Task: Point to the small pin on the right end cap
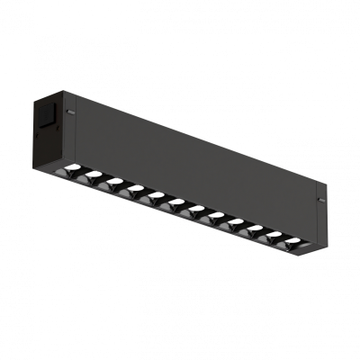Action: (x=319, y=197)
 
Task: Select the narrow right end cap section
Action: (x=320, y=216)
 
